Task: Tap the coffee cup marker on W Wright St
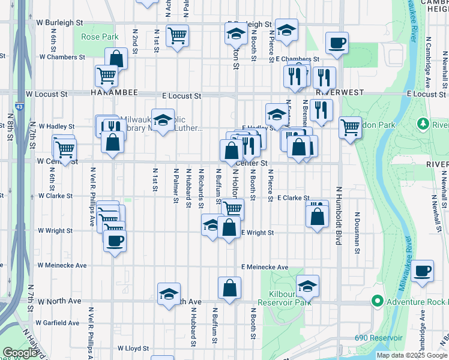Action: click(115, 241)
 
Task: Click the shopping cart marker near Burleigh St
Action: click(177, 36)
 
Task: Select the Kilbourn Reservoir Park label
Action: click(283, 298)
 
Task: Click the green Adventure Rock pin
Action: click(377, 301)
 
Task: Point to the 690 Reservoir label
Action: click(378, 338)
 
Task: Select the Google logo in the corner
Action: click(20, 353)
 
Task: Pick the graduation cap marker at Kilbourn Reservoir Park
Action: click(307, 286)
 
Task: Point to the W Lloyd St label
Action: click(133, 347)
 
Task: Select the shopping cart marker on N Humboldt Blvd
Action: click(350, 128)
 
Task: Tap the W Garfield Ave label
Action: click(58, 322)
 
